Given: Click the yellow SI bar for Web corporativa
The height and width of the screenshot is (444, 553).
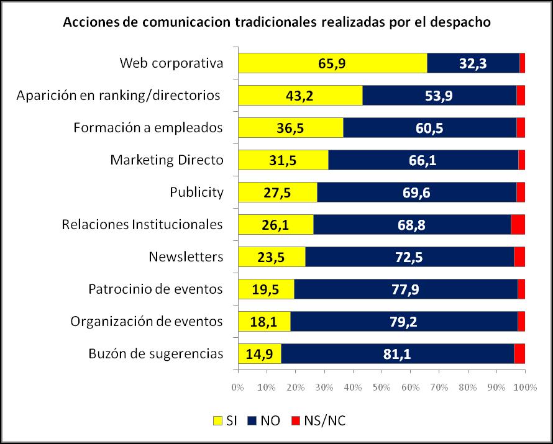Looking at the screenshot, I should [x=332, y=63].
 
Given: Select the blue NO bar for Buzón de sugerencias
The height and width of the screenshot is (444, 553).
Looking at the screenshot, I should [x=398, y=354].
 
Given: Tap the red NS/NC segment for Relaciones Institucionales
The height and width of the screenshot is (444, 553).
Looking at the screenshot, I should [x=518, y=224].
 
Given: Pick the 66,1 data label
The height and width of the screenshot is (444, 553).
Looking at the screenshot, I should [x=423, y=160].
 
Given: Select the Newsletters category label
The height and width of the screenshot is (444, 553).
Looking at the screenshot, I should [x=186, y=256].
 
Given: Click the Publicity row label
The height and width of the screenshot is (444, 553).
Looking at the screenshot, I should [x=196, y=192].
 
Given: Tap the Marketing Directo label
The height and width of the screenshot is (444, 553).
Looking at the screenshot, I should [x=167, y=160].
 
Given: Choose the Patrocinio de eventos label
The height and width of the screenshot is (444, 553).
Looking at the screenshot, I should [x=156, y=289].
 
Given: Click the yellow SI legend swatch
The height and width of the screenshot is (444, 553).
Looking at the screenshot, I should [x=217, y=421].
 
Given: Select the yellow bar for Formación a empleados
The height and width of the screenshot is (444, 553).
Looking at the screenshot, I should [x=290, y=127].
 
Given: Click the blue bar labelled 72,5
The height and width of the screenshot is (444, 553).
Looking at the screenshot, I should [x=409, y=256].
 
